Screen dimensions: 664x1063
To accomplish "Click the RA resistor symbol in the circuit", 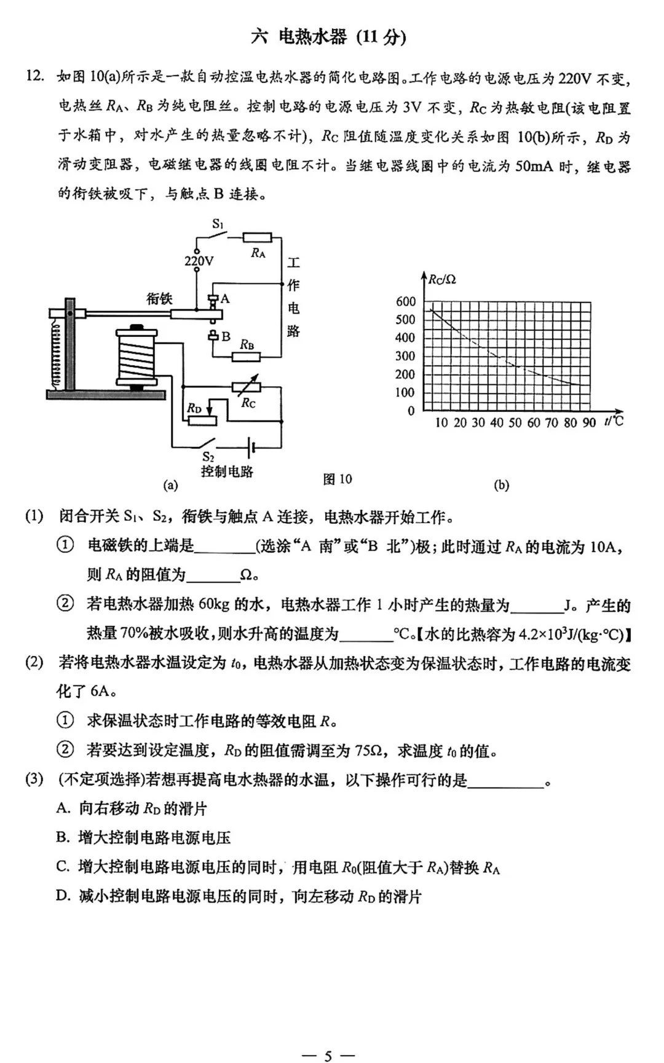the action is tap(257, 237).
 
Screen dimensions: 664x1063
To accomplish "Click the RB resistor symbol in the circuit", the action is tap(247, 357).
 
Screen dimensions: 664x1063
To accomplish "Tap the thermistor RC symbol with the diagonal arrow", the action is tap(247, 387).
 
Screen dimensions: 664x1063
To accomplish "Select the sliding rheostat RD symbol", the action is tap(201, 419).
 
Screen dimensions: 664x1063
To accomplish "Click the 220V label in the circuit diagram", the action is tap(199, 261).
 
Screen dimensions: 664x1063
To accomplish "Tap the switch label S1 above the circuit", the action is tap(218, 224).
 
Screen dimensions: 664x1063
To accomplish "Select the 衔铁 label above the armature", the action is tap(159, 299).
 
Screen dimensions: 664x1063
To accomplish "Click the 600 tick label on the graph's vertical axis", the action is tap(406, 301).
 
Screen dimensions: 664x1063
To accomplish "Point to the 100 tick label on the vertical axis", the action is tap(406, 392).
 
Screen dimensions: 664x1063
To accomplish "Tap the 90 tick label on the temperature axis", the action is tap(589, 422).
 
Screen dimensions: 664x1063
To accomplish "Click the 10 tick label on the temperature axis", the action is tap(441, 422).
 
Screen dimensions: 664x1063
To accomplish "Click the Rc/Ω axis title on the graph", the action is tap(443, 280).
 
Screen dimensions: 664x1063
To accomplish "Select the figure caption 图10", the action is tap(338, 479).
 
